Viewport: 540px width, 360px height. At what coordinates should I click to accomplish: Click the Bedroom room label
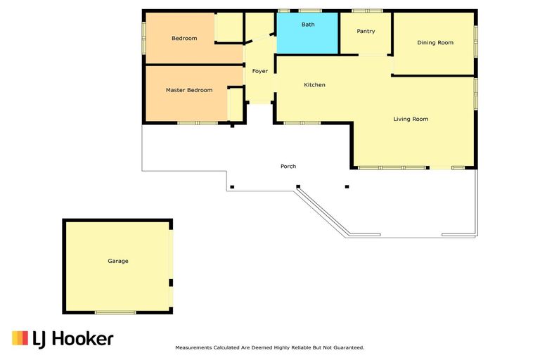(184, 38)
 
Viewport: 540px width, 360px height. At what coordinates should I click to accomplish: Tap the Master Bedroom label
(188, 90)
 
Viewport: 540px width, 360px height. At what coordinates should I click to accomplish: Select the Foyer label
(259, 71)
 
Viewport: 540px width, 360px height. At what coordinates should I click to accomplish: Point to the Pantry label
(366, 31)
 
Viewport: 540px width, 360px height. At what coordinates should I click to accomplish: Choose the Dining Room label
(435, 43)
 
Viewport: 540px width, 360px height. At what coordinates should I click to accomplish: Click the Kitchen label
(314, 85)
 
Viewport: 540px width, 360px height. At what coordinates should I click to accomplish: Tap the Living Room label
(410, 119)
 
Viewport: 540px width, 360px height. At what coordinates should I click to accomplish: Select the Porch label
(288, 167)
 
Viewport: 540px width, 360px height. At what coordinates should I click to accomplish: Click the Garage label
(117, 261)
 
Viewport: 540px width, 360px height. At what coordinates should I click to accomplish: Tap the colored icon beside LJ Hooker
(20, 338)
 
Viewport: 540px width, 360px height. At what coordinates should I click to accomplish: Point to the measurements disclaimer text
(269, 347)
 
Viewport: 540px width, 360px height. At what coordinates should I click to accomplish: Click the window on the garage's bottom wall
(115, 312)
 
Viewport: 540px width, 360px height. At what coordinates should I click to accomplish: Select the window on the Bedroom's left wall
(143, 36)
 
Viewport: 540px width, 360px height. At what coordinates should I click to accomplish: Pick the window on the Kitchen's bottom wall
(302, 123)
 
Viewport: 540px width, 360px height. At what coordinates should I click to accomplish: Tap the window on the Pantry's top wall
(366, 11)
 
